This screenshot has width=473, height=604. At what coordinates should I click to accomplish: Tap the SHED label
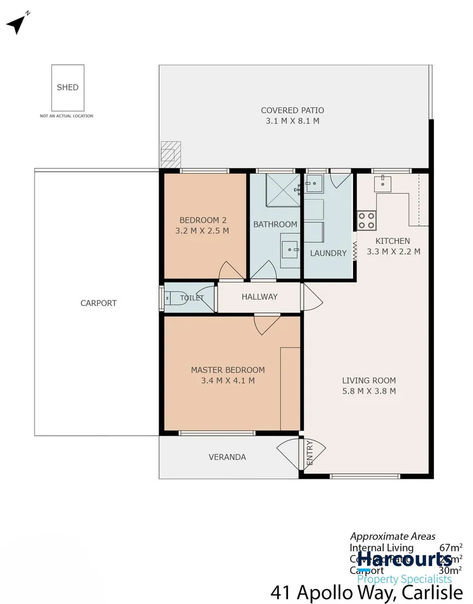[x=68, y=87]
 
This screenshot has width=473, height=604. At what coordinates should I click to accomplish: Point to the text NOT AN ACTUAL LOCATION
[x=66, y=116]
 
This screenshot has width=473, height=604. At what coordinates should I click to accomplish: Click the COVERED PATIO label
[x=292, y=110]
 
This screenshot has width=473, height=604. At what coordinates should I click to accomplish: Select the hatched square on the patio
[x=169, y=152]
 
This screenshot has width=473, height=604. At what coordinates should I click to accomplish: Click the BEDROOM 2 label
[x=203, y=220]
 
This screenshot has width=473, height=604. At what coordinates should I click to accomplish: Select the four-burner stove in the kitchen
[x=366, y=220]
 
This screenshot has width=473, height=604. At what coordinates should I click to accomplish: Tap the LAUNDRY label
[x=328, y=253]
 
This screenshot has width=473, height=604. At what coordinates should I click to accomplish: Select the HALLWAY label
[x=259, y=297]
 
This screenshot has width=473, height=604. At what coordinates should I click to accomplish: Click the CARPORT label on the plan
[x=98, y=303]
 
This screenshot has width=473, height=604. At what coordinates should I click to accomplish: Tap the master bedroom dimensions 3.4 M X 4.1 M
[x=228, y=381]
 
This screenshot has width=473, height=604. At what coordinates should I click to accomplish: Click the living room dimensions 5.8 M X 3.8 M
[x=369, y=391]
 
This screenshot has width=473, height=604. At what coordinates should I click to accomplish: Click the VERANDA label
[x=227, y=457]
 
